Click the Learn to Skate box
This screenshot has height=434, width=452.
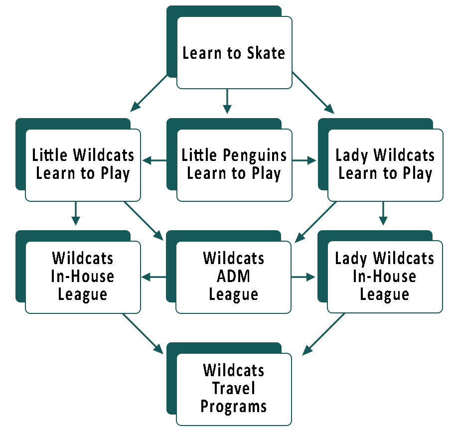point(234,53)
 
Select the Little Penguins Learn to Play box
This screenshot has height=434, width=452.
point(234,165)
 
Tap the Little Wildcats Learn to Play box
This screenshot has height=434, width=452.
point(83,165)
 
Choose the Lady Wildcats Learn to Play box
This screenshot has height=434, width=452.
point(385,165)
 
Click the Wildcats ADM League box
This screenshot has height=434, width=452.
point(233,277)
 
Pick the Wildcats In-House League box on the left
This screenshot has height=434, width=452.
point(83,277)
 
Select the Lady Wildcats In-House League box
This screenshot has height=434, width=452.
point(384,277)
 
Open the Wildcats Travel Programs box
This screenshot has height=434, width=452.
point(233,389)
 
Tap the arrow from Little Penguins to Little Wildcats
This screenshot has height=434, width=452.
point(155,160)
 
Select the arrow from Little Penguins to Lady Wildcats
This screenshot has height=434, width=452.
point(304,160)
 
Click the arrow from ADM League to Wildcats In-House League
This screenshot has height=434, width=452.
point(154,277)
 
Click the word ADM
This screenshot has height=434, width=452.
point(233,277)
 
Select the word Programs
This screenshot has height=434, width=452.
point(233,407)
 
